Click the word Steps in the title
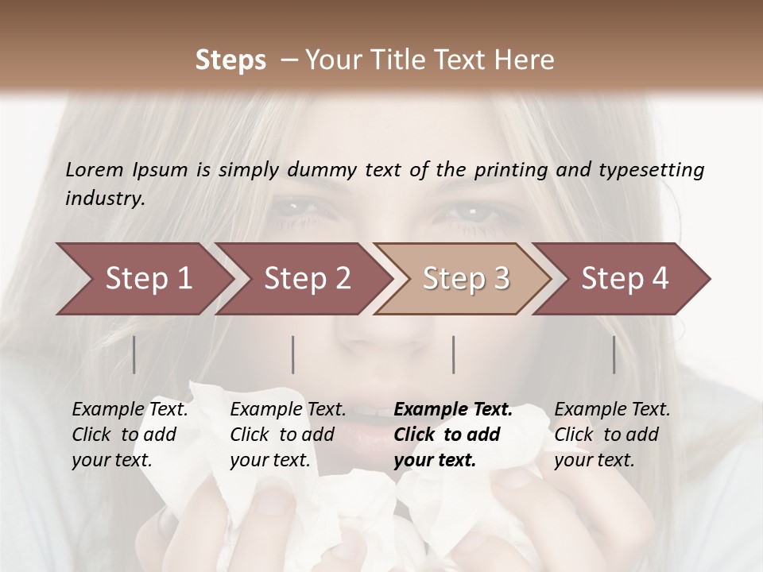[x=230, y=60]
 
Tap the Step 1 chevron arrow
[x=143, y=279]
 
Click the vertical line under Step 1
[x=134, y=354]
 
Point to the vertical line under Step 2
[x=293, y=354]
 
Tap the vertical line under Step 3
[x=454, y=354]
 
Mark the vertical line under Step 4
[x=614, y=354]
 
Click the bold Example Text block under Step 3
[x=453, y=435]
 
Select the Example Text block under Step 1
[x=130, y=435]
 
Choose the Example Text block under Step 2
[x=288, y=435]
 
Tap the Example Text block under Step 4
[x=612, y=435]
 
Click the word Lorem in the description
[x=95, y=169]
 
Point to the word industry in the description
[x=104, y=198]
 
